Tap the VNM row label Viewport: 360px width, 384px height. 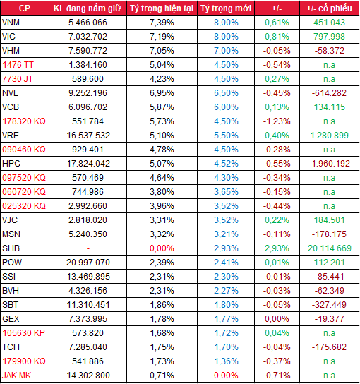click(12, 22)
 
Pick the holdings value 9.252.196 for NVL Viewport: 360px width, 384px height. click(88, 92)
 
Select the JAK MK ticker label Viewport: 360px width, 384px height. click(17, 375)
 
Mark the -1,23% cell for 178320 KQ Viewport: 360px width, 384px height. click(275, 121)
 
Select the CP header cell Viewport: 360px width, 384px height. click(24, 8)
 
